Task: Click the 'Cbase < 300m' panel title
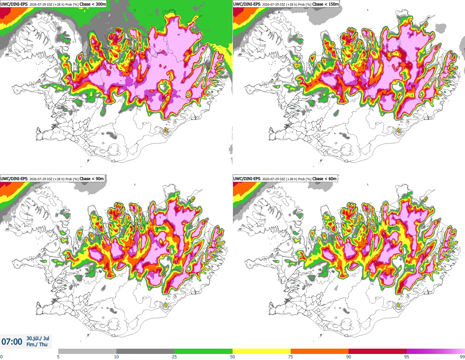93,4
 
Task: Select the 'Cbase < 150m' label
325,4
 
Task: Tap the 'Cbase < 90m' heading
92,179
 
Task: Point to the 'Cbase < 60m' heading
324,179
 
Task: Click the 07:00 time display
12,342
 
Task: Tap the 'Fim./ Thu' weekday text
37,344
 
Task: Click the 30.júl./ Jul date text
38,338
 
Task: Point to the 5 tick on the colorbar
58,357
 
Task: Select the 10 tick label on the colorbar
116,357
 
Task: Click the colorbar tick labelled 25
174,357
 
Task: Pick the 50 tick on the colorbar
232,357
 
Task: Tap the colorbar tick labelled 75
291,357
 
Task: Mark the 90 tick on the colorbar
349,357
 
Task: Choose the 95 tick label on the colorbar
407,357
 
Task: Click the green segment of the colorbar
203,352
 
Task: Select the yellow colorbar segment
262,352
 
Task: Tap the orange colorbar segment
320,352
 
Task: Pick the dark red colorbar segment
378,352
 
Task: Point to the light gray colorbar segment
87,352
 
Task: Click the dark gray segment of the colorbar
145,352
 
